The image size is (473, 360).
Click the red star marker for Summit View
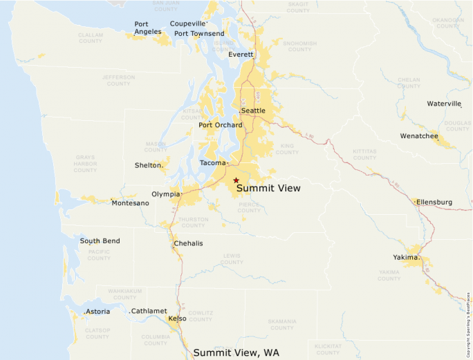[x=236, y=180]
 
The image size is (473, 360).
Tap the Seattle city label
[x=253, y=111]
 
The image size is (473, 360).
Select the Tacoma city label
[x=212, y=163]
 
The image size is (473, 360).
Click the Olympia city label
[x=166, y=194]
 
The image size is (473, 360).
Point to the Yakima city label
[x=406, y=257]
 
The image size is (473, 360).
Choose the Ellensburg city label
[x=434, y=202]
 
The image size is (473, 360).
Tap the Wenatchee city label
[x=419, y=136]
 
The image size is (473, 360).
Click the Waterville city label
[x=443, y=104]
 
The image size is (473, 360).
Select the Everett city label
[x=241, y=54]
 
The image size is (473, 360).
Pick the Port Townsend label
[x=199, y=33]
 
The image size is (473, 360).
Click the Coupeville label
[x=188, y=23]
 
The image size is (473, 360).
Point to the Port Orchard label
[x=221, y=125]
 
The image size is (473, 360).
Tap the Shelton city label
[x=148, y=165]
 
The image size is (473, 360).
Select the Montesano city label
[x=130, y=202]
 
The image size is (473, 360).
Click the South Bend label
[x=100, y=241]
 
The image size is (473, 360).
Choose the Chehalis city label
[x=188, y=243]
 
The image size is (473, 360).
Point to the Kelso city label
[x=177, y=319]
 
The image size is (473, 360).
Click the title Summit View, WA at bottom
[x=236, y=352]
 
